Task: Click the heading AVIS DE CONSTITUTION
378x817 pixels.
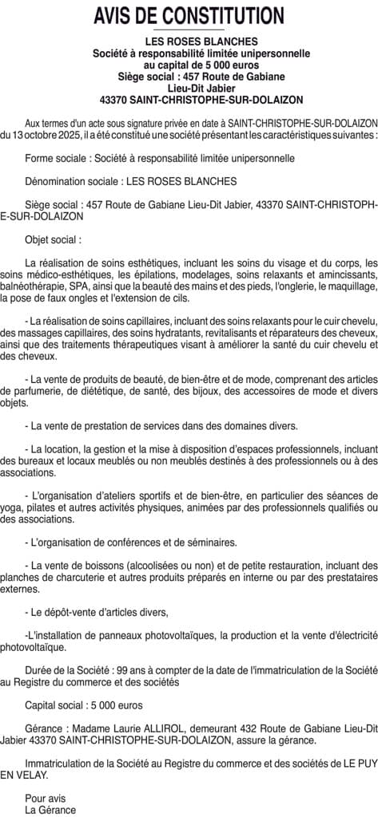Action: tap(189, 15)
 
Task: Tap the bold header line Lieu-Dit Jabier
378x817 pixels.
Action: tap(189, 88)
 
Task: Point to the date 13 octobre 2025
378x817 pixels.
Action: tap(38, 136)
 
